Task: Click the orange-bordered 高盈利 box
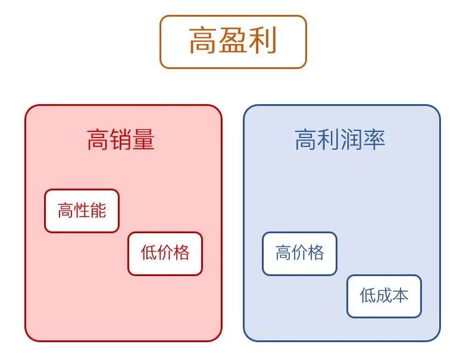point(233,42)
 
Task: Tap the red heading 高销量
point(121,140)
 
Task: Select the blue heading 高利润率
point(340,140)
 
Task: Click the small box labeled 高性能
point(82,211)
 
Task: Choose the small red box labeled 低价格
point(165,253)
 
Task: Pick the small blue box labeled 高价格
point(299,253)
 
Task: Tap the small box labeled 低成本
point(384,296)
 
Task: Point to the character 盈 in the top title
point(233,42)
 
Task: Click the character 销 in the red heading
point(121,140)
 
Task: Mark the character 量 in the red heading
point(143,140)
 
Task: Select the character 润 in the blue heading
point(351,140)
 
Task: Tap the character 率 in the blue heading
point(374,140)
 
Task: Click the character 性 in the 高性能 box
point(82,211)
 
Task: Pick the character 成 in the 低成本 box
point(384,296)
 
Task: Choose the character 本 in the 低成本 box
point(400,296)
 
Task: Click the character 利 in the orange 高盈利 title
point(262,42)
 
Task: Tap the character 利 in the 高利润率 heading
point(329,140)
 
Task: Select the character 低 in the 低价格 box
point(149,253)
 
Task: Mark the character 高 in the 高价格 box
point(283,253)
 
